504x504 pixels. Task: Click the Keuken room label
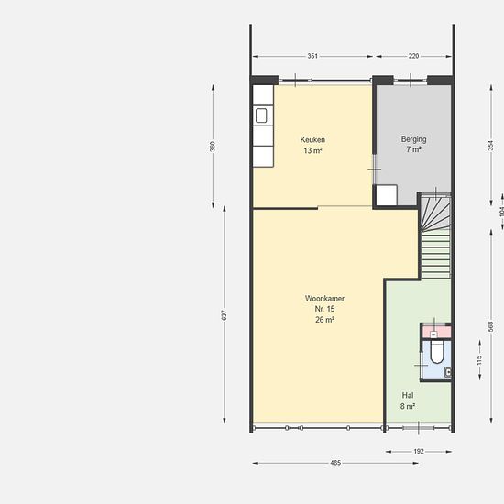pos(312,140)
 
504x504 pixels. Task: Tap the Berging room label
pos(413,139)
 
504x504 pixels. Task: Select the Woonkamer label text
pos(324,299)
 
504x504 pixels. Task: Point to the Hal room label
pos(408,395)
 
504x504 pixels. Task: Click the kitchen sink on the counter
pos(261,115)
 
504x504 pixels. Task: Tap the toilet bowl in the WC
pos(437,353)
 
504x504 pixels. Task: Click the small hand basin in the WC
pos(448,372)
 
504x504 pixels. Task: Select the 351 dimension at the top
pos(312,56)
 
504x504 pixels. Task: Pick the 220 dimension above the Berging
pos(413,56)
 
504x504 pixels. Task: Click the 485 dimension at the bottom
pos(335,463)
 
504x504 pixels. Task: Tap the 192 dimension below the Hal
pos(419,451)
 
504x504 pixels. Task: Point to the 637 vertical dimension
pos(225,314)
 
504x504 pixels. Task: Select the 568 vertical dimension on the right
pos(491,326)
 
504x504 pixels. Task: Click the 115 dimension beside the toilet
pos(479,360)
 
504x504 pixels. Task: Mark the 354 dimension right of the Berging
pos(491,146)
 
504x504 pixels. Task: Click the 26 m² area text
pos(324,320)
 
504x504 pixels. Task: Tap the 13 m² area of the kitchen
pos(312,150)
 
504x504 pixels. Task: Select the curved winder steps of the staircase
pos(435,213)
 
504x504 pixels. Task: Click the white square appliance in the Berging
pos(387,195)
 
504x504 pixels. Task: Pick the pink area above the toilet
pos(437,332)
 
